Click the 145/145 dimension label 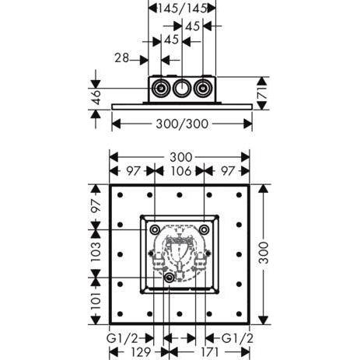(182, 9)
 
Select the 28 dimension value (122, 58)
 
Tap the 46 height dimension (96, 97)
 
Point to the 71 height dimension (263, 93)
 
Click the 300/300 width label (182, 124)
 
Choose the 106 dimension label (181, 171)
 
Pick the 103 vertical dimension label (96, 252)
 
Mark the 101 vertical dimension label (96, 301)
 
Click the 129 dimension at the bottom (141, 352)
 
